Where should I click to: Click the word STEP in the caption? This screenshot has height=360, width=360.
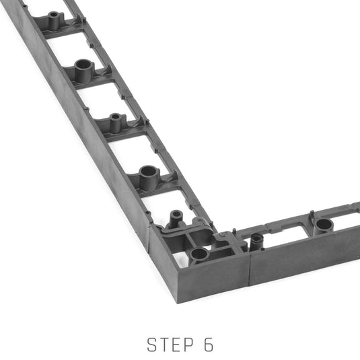(x=170, y=345)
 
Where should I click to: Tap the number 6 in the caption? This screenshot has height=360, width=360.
(x=209, y=345)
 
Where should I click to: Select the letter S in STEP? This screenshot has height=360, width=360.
(x=152, y=345)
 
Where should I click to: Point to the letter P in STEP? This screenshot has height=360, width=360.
(x=189, y=345)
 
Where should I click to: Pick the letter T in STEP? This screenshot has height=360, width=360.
(x=164, y=345)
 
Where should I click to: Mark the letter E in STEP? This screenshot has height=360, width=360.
(x=177, y=345)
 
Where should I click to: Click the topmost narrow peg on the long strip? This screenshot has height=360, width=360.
(x=54, y=20)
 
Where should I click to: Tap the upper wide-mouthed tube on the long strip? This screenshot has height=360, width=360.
(x=83, y=71)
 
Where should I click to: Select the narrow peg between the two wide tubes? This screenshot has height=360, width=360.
(x=115, y=123)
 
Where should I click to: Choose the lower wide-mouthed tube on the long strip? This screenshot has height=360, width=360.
(x=149, y=178)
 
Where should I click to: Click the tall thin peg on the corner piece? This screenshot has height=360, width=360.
(x=176, y=219)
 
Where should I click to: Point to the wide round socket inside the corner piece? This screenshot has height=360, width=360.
(x=199, y=255)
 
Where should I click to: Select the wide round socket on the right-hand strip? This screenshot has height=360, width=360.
(x=324, y=225)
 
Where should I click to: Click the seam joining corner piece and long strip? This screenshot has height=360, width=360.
(x=149, y=239)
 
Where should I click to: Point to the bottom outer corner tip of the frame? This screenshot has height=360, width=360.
(x=178, y=303)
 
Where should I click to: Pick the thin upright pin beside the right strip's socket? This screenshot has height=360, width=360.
(x=312, y=216)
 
